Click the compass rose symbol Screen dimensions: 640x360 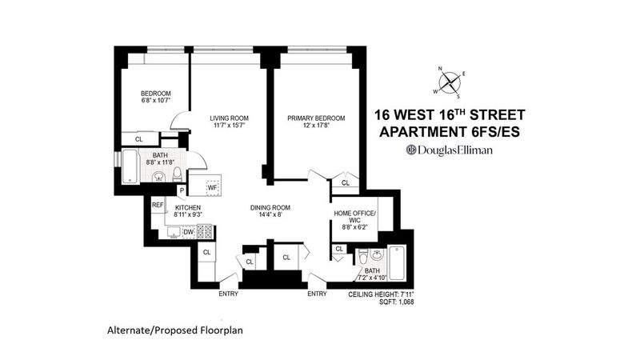point(450,82)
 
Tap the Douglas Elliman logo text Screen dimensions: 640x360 point(449,150)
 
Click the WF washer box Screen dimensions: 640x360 point(212,188)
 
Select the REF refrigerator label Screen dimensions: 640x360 point(158,205)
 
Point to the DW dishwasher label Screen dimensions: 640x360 point(188,232)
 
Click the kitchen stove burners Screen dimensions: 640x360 point(205,231)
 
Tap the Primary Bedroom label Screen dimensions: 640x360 point(316,118)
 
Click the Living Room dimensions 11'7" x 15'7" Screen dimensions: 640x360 point(229,126)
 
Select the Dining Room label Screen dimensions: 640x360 point(270,208)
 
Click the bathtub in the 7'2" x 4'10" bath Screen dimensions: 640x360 point(397,263)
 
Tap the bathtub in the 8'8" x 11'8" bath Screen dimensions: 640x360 point(130,166)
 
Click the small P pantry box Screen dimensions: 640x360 point(182,190)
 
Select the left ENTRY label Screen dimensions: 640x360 point(228,294)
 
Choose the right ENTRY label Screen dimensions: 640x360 point(317,294)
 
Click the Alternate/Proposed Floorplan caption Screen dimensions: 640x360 point(175,330)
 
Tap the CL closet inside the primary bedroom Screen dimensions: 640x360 point(346,183)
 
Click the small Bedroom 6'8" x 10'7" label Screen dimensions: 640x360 point(155,96)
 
